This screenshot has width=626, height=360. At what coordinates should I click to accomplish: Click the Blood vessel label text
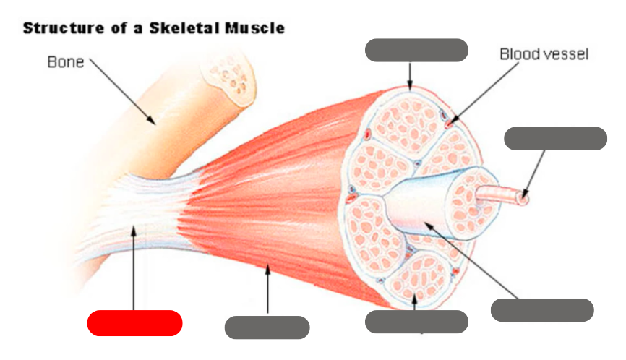tap(544, 55)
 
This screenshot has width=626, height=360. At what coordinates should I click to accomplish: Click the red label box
tap(134, 323)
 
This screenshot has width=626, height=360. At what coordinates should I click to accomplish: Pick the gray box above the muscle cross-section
tap(416, 51)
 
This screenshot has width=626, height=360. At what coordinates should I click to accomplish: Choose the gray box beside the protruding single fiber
tap(555, 139)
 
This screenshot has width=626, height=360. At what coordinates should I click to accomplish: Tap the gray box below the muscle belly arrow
tap(267, 327)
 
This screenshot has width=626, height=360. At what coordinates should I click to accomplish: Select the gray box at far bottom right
tap(542, 310)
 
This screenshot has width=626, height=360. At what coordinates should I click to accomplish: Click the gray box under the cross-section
tap(416, 322)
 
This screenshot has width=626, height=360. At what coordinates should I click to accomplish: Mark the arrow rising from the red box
tap(134, 267)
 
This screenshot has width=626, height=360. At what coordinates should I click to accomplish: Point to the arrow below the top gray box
tap(410, 75)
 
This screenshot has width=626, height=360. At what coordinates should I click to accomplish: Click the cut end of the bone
tap(229, 74)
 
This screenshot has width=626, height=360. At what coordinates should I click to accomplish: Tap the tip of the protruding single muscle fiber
tap(524, 195)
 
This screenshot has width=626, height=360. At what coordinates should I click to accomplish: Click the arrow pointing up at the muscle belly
tap(268, 289)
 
